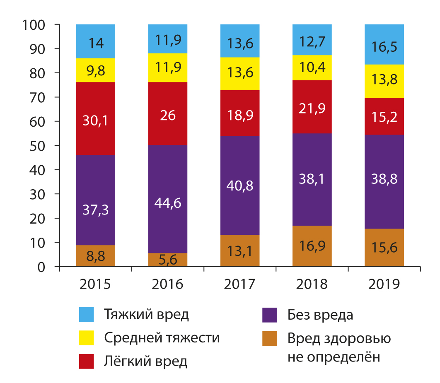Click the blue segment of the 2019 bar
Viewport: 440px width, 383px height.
pyautogui.click(x=384, y=44)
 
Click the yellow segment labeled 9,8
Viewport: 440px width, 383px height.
pyautogui.click(x=96, y=70)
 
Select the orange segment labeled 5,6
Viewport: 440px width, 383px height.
pyautogui.click(x=168, y=260)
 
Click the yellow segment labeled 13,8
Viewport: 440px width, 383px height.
pyautogui.click(x=384, y=81)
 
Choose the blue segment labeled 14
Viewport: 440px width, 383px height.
pyautogui.click(x=96, y=41)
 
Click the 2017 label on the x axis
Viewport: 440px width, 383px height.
pyautogui.click(x=239, y=284)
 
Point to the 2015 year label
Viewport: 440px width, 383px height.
pyautogui.click(x=96, y=284)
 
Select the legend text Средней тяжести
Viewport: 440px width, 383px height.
pyautogui.click(x=162, y=338)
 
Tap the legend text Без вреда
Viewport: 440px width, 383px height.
pyautogui.click(x=320, y=315)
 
